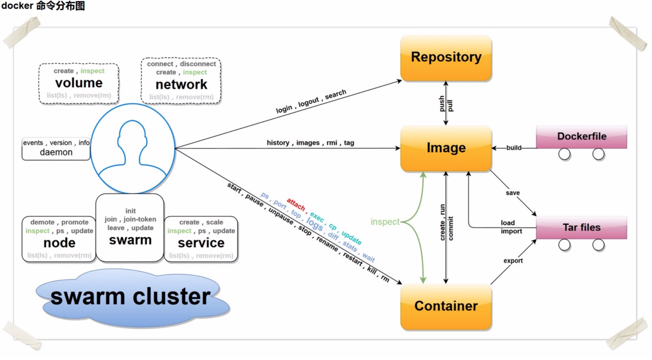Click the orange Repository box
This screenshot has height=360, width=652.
446,58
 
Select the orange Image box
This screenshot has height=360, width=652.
446,148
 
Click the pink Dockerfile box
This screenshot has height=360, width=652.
582,136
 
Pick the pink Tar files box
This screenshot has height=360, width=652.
582,227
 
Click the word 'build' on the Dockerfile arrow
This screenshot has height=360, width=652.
514,148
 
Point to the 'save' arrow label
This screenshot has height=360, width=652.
513,193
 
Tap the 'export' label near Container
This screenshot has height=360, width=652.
513,261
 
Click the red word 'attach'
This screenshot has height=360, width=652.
296,204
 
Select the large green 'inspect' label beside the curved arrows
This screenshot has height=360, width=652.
385,222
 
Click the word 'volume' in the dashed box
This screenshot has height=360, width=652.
79,83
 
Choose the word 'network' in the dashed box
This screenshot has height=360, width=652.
181,85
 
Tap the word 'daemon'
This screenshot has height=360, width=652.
56,152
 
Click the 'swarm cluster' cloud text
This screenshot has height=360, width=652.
130,297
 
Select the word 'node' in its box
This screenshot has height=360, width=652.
59,243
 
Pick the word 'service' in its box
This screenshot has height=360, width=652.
201,243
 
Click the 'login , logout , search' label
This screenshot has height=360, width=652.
311,101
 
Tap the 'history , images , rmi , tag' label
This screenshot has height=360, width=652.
310,143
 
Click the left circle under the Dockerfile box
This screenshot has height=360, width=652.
564,154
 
